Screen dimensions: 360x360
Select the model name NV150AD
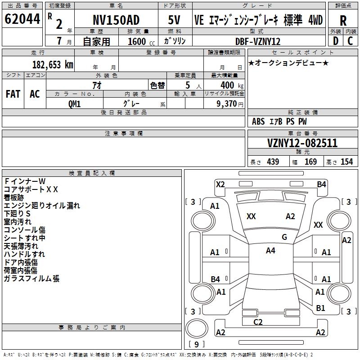116,20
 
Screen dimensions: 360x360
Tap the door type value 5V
174,20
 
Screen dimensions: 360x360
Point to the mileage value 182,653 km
53,65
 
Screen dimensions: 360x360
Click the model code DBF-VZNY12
258,42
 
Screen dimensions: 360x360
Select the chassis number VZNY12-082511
302,144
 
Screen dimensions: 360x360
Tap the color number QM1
74,103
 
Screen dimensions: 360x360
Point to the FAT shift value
13,94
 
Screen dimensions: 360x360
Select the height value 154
346,162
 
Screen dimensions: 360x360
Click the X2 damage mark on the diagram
220,184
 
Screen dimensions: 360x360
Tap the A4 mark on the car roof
270,251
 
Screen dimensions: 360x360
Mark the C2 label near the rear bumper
258,321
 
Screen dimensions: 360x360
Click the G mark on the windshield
284,237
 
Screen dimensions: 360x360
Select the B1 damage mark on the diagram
320,308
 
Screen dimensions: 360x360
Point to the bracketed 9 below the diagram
196,345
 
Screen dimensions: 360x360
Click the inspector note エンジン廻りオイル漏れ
42,206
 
